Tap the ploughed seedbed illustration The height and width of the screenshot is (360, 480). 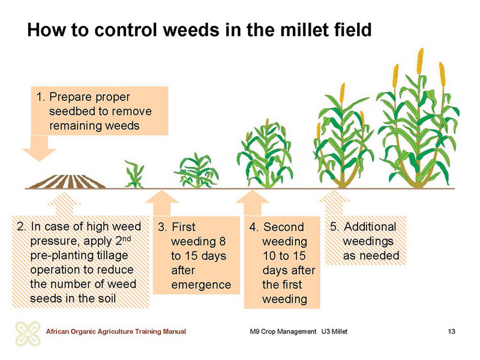pyautogui.click(x=67, y=181)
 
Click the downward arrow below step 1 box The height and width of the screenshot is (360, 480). pyautogui.click(x=40, y=148)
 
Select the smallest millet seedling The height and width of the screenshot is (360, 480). pyautogui.click(x=134, y=175)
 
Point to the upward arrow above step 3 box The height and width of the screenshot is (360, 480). pyautogui.click(x=161, y=203)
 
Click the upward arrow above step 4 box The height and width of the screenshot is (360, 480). pyautogui.click(x=252, y=203)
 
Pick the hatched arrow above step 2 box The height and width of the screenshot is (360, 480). pyautogui.click(x=64, y=205)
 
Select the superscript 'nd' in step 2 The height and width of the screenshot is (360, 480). pyautogui.click(x=127, y=238)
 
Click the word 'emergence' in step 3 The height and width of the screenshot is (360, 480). pyautogui.click(x=201, y=285)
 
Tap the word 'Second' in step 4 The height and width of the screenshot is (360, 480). pyautogui.click(x=283, y=227)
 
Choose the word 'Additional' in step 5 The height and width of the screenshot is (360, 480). pyautogui.click(x=370, y=227)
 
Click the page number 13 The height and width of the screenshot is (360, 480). pyautogui.click(x=451, y=332)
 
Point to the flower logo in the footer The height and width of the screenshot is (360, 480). pyautogui.click(x=28, y=334)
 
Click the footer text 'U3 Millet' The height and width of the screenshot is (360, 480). pyautogui.click(x=334, y=332)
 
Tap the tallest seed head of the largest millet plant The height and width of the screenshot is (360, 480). pyautogui.click(x=421, y=61)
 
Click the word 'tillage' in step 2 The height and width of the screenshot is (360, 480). pyautogui.click(x=112, y=256)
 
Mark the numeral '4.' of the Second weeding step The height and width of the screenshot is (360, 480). pyautogui.click(x=254, y=227)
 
